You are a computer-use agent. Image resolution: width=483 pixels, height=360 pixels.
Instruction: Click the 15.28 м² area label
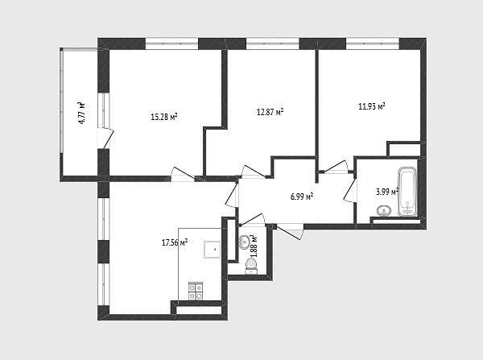(164, 117)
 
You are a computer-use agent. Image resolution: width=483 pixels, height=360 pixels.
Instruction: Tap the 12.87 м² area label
(270, 112)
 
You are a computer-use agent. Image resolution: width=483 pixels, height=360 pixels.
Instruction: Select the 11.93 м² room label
(372, 106)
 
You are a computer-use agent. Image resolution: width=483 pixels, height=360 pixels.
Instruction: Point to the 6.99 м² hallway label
(302, 197)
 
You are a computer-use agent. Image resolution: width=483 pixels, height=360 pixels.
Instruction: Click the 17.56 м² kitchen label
(175, 242)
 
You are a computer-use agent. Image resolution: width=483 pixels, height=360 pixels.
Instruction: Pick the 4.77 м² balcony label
(81, 113)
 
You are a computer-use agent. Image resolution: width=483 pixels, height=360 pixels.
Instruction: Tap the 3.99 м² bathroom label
(387, 192)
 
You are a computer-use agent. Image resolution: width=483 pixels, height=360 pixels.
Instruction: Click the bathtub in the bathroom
(407, 192)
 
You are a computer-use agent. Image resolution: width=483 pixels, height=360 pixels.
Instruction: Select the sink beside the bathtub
(384, 211)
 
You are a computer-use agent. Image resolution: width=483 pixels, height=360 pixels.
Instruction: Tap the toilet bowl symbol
(252, 267)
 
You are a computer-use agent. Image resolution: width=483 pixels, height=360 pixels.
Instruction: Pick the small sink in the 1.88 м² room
(245, 242)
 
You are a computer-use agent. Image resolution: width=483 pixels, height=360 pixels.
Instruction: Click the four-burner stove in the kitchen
(196, 291)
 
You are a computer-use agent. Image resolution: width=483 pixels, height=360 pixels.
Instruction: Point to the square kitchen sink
(213, 250)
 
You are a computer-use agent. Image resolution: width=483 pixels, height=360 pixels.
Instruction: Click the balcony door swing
(106, 139)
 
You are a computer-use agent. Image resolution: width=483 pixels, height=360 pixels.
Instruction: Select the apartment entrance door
(289, 232)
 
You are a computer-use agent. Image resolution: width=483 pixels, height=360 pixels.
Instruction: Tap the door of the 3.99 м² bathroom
(350, 191)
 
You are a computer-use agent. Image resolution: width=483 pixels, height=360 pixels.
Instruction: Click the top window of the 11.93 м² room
(373, 43)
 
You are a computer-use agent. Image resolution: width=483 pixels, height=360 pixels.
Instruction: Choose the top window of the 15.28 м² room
(171, 43)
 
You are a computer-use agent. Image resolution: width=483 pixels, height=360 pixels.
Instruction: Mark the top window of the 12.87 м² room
(273, 43)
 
